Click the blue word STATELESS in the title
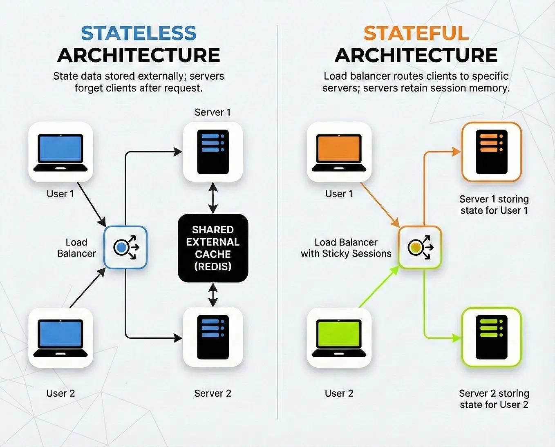tap(139, 33)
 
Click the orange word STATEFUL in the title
tap(416, 33)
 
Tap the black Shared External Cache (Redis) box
tap(213, 248)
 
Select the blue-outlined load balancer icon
tap(125, 247)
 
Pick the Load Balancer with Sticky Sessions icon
tap(420, 247)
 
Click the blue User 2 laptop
tap(60, 337)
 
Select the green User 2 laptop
tap(339, 337)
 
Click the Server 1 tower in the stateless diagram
tap(213, 152)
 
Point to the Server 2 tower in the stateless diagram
tap(213, 337)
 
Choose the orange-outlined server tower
tap(492, 152)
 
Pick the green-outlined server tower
tap(492, 337)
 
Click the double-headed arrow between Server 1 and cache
tap(213, 198)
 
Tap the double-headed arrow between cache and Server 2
tap(213, 295)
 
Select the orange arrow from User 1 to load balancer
tap(380, 205)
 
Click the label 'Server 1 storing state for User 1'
tap(494, 205)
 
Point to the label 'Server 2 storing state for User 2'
tap(494, 399)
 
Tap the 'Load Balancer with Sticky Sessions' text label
tap(346, 248)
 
